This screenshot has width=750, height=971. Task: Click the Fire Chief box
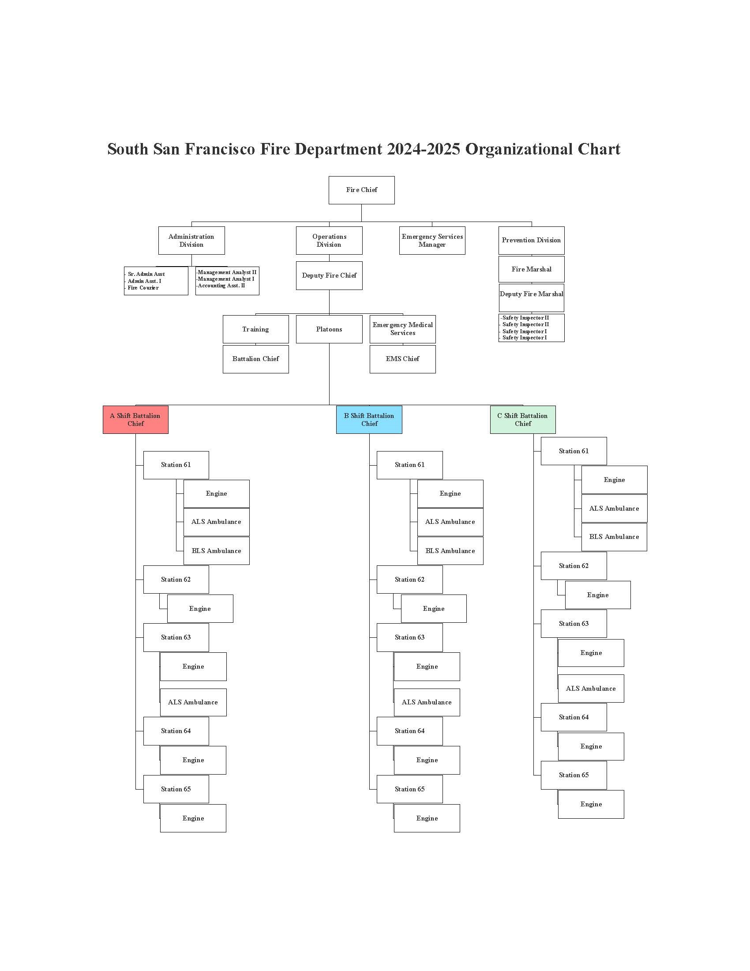coord(361,190)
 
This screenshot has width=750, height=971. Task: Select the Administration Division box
coord(191,241)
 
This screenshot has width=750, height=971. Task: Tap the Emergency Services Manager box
coord(432,241)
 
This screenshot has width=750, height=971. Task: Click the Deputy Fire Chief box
coord(329,276)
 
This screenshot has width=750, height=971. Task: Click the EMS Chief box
coord(402,359)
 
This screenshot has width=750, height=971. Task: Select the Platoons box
coord(329,329)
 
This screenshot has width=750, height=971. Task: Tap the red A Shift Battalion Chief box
coord(135,420)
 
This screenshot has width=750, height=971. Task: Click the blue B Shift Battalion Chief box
coord(369,420)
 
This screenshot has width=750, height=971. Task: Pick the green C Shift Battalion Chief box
coord(522,420)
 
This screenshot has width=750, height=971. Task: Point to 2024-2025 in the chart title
coord(423,149)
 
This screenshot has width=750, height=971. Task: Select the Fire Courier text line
coord(143,288)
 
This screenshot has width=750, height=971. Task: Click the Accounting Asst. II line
coord(221,286)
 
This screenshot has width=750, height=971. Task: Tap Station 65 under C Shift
coord(573,775)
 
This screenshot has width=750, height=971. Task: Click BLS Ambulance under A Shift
coord(216,551)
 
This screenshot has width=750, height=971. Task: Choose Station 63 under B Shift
coord(409,638)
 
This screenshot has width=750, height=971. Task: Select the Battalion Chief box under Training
coord(255,359)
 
